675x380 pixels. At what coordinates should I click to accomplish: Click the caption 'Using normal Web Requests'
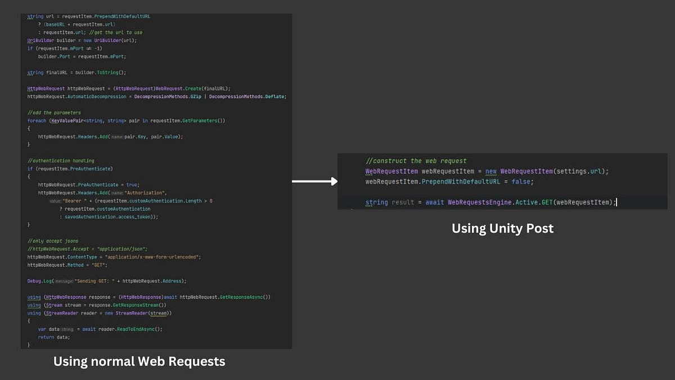(139, 361)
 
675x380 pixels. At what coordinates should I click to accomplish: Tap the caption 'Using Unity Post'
(502, 229)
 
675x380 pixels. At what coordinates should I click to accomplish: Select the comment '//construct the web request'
(416, 161)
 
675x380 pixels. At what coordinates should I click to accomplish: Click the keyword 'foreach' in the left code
(37, 120)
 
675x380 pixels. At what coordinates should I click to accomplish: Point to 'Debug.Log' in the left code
(39, 281)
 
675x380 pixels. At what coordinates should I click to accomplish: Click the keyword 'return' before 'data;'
(46, 337)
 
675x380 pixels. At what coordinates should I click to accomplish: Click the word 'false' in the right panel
(523, 182)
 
